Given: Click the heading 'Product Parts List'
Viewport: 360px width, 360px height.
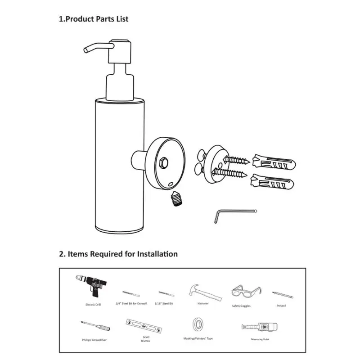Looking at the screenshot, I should (94, 19).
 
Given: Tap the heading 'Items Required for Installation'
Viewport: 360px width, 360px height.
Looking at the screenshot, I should (118, 254).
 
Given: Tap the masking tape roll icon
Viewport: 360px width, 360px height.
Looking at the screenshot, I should (197, 324).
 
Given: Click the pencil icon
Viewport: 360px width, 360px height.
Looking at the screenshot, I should (283, 295).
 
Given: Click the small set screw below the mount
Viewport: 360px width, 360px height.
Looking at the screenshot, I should (175, 198).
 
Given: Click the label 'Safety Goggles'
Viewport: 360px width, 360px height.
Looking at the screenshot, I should (241, 306).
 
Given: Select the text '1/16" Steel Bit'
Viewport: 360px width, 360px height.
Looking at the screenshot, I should (166, 304).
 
